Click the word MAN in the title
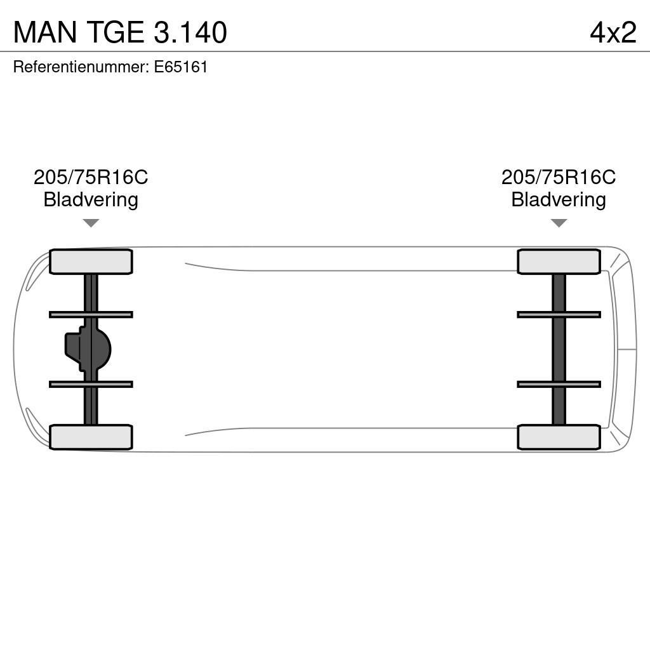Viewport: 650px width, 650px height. (44, 32)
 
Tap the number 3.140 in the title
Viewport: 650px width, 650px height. (190, 32)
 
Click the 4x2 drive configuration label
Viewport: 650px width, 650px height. (613, 32)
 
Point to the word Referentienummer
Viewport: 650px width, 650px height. (81, 67)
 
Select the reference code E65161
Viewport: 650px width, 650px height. (181, 67)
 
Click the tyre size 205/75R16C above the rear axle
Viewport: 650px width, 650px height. (91, 177)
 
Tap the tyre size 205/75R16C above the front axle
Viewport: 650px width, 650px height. (559, 177)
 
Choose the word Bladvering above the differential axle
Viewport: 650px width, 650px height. (91, 200)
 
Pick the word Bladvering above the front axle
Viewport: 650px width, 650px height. (559, 200)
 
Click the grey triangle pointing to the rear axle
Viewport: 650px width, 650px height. (91, 223)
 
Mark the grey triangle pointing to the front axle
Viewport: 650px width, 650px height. (559, 223)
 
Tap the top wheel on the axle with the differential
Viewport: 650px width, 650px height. (91, 262)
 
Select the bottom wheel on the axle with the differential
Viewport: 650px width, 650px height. (91, 437)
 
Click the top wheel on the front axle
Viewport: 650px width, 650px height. (559, 262)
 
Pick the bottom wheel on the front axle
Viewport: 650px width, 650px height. (559, 437)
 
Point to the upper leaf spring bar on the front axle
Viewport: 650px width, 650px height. (559, 314)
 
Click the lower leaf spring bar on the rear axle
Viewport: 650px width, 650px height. (91, 384)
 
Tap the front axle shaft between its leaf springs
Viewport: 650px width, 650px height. (559, 349)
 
